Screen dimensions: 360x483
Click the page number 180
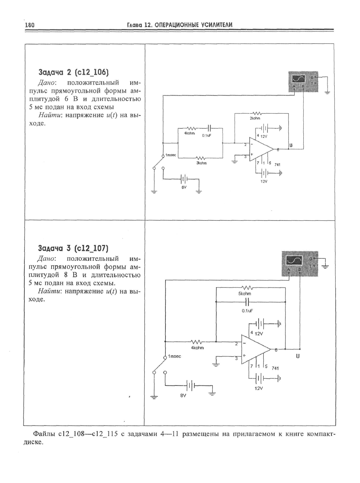(x=30, y=25)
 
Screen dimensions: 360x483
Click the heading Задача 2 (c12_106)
(x=74, y=72)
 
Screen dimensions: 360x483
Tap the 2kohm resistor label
(x=255, y=118)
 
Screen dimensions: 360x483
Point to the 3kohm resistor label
(x=201, y=163)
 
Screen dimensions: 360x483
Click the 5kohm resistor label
(x=244, y=294)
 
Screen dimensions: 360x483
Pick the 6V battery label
(x=184, y=187)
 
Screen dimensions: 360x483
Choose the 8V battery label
(x=183, y=396)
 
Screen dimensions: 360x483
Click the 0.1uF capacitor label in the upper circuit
(x=206, y=135)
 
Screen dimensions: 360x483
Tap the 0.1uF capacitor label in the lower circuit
(x=247, y=311)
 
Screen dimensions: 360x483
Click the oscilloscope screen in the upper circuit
(x=299, y=79)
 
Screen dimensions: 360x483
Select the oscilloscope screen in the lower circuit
(x=294, y=260)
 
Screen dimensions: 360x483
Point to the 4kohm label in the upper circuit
(x=189, y=133)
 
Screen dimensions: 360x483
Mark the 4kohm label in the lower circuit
(x=197, y=348)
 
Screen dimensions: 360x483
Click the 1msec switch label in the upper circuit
(x=171, y=155)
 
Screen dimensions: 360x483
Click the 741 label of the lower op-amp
(x=275, y=368)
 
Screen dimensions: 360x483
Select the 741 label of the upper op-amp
(x=277, y=165)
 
